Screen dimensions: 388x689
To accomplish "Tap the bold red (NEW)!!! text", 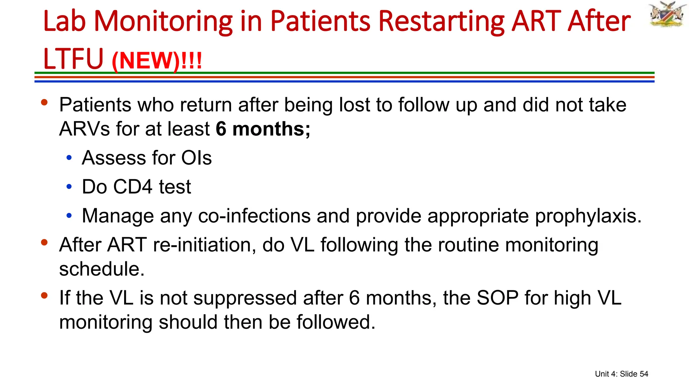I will (x=157, y=61).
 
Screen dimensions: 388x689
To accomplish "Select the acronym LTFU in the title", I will (x=73, y=59).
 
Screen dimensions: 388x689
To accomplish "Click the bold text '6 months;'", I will (x=263, y=129).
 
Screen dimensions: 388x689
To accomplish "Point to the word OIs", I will (x=196, y=158).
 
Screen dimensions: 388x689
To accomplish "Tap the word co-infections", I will (x=254, y=216).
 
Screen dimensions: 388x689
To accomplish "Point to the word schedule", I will (x=102, y=269).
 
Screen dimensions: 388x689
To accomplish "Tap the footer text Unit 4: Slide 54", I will (x=621, y=374).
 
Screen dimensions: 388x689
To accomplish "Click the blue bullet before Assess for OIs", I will (x=69, y=158).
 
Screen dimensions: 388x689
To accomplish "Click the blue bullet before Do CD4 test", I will (x=69, y=187).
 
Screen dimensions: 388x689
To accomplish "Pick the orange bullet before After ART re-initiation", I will (x=44, y=242).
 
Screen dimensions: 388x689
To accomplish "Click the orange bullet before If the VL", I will (x=44, y=295).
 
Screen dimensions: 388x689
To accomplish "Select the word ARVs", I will (x=84, y=129).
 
